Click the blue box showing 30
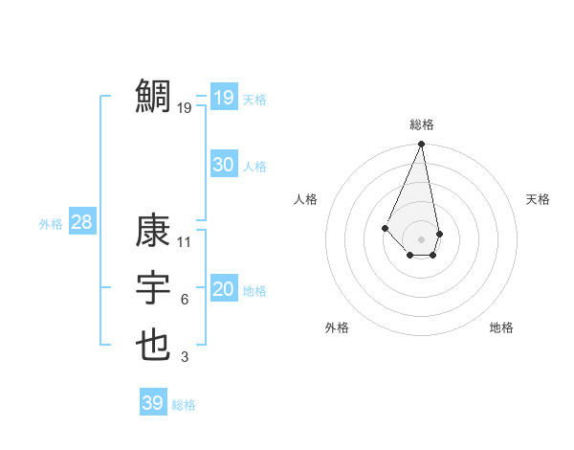224,165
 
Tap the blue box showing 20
224,289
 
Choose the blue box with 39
153,403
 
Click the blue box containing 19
224,98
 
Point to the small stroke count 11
185,242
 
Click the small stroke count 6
185,300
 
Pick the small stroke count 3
185,357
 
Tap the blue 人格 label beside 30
254,167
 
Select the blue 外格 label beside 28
51,224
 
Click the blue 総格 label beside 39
184,405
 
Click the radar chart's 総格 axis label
422,124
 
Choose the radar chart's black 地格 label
501,327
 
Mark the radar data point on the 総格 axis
422,145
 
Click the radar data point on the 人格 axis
385,227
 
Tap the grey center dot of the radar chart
422,238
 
